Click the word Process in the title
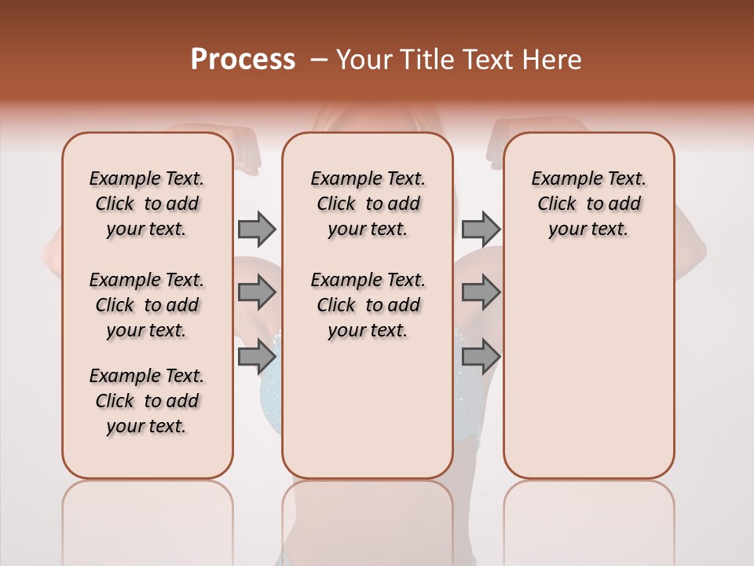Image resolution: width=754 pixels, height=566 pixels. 243,60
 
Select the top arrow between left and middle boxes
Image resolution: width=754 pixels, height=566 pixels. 257,229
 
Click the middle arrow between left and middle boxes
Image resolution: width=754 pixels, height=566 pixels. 257,292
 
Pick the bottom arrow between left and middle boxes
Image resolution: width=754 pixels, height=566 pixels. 257,357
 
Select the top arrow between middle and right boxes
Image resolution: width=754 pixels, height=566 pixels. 481,229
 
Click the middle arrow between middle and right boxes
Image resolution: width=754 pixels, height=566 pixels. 481,292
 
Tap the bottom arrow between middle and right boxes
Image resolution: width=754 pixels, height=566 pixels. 481,357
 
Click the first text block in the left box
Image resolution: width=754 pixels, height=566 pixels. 147,204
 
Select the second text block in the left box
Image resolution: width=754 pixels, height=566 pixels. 147,305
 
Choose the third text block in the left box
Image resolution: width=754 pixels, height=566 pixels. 147,401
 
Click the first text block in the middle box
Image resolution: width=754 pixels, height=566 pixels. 368,204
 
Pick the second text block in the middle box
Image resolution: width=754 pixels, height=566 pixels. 368,305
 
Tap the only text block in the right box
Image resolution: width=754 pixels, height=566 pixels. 588,204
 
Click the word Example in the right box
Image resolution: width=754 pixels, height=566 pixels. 562,179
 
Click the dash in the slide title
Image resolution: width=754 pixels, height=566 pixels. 319,60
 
